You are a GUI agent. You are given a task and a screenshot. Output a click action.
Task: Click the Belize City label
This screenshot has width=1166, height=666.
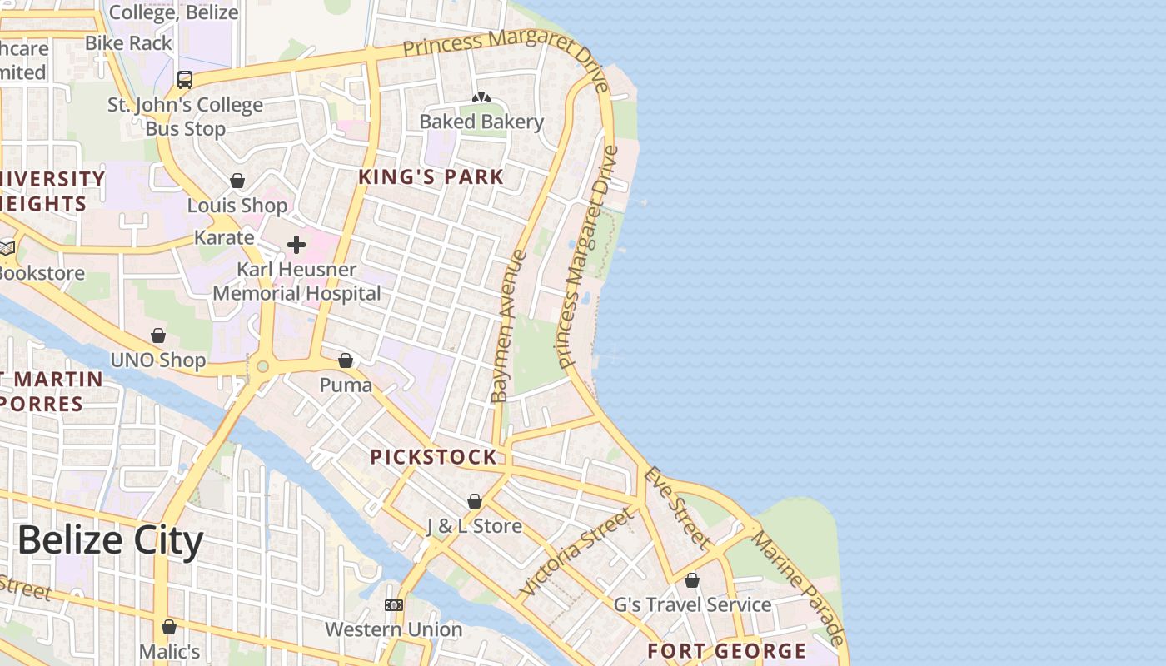(x=110, y=541)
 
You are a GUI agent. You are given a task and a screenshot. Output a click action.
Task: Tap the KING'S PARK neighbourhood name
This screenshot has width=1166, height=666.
(x=431, y=176)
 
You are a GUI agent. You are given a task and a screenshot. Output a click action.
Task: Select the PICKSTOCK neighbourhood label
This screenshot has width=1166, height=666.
(x=433, y=457)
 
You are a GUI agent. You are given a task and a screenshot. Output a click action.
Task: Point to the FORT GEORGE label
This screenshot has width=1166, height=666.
(x=726, y=651)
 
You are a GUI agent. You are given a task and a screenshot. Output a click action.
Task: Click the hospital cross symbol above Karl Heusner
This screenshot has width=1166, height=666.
(x=296, y=245)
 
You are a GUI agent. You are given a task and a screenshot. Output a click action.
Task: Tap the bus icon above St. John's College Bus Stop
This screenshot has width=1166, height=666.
(x=185, y=80)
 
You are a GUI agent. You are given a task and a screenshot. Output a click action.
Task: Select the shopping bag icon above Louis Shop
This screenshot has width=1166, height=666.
(x=237, y=181)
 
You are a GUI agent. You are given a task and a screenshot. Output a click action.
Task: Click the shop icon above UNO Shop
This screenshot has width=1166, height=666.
(x=158, y=335)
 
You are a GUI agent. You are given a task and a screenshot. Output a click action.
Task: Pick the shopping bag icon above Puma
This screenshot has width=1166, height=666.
(x=346, y=360)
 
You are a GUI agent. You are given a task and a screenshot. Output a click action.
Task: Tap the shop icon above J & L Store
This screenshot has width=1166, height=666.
(x=474, y=501)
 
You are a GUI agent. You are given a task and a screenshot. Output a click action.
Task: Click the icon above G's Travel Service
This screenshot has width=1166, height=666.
(x=692, y=580)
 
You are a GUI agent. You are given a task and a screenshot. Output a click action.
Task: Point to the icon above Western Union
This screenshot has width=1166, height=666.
(x=394, y=605)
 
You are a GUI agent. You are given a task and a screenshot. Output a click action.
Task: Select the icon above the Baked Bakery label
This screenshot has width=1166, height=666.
(x=481, y=97)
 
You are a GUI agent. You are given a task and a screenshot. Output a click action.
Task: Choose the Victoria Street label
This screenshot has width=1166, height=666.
(x=576, y=553)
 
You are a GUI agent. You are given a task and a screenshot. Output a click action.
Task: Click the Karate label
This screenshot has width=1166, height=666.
(x=224, y=237)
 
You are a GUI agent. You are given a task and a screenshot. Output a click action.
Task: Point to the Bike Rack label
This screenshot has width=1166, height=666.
(x=128, y=42)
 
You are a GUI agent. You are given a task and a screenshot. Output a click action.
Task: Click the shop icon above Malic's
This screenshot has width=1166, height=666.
(x=169, y=627)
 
